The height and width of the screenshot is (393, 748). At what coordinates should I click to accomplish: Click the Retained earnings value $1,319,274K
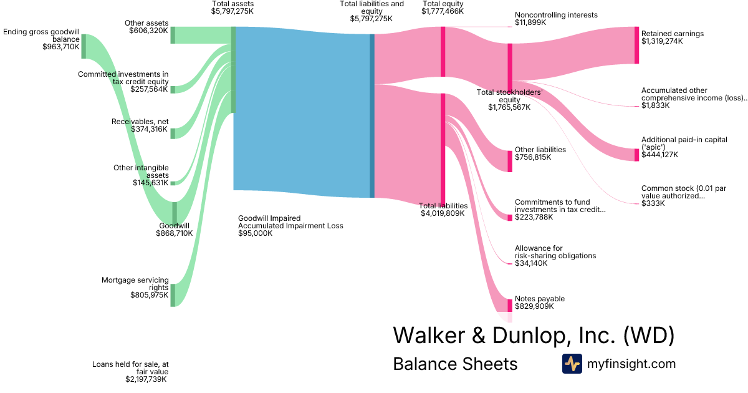tap(662, 41)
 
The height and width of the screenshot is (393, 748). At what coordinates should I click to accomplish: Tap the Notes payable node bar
tap(510, 305)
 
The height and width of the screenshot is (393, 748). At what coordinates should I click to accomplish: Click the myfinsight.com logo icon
tap(572, 364)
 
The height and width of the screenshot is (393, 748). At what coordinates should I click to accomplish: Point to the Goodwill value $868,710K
tap(175, 233)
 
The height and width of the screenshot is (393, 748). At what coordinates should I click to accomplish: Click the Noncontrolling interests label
tap(556, 15)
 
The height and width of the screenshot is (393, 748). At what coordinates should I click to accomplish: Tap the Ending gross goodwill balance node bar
tap(84, 46)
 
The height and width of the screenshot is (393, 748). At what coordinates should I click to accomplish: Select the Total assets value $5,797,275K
tap(233, 11)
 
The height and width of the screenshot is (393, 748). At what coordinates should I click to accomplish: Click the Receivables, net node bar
tap(173, 133)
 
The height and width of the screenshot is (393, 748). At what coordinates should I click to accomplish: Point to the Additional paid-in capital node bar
tap(636, 155)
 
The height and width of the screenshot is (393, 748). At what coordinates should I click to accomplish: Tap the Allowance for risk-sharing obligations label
tap(555, 252)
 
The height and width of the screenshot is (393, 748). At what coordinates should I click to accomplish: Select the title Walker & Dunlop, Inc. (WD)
tap(534, 336)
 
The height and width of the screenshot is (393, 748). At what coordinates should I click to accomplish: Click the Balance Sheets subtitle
tap(455, 364)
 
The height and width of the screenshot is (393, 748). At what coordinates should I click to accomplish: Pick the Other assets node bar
tap(173, 35)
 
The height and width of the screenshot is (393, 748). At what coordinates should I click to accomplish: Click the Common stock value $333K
tap(653, 203)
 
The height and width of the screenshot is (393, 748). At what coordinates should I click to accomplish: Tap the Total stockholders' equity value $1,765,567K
tap(509, 107)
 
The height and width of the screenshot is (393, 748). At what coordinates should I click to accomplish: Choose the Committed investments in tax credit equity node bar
tap(173, 89)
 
